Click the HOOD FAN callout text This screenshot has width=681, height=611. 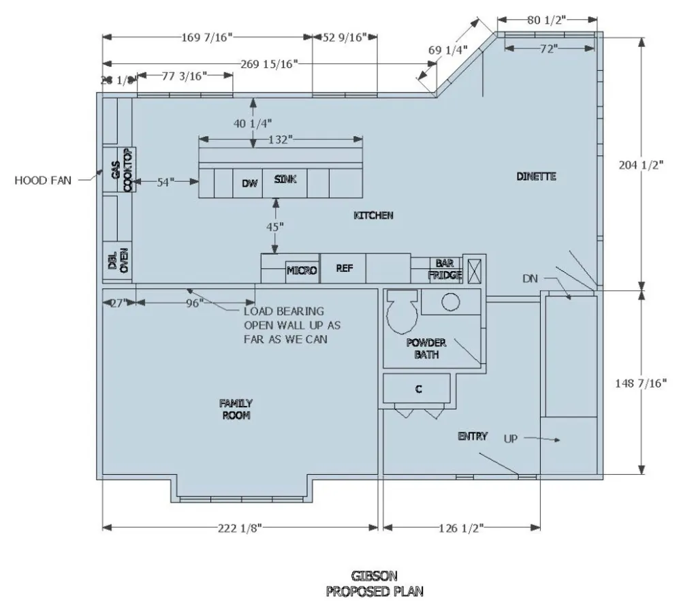pos(42,181)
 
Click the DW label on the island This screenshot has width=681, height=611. pos(249,183)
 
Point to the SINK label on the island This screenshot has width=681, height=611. pos(285,179)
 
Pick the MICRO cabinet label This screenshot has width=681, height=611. pos(302,270)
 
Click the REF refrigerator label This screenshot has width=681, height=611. pos(344,268)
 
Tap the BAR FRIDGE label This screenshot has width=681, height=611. pos(445,268)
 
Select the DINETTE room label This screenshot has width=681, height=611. pos(536,176)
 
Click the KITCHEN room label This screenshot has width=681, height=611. pos(373,215)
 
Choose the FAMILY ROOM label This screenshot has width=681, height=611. pos(235,409)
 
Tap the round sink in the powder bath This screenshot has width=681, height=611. pos(449,302)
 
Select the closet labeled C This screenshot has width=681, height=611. pos(419,389)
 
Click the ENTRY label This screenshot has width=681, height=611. pos(473,436)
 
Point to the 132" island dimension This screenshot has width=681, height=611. pos(280,139)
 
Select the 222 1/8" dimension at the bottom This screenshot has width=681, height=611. pos(240,528)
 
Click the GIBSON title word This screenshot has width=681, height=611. pos(374,576)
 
